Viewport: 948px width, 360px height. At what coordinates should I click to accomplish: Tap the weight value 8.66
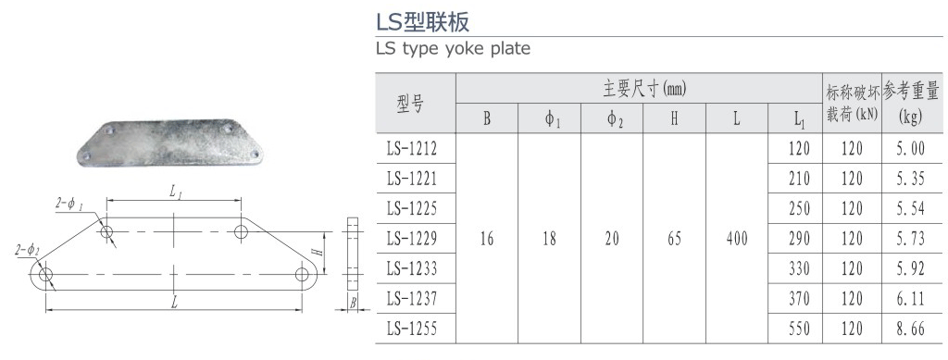point(912,328)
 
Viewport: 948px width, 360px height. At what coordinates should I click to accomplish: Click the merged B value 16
point(487,239)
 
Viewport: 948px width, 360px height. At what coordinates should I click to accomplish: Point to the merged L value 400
point(737,239)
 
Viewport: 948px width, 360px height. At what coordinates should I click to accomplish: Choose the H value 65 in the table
point(674,239)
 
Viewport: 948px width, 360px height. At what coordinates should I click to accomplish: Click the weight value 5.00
point(912,148)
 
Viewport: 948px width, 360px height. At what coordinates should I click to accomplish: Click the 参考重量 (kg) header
point(912,104)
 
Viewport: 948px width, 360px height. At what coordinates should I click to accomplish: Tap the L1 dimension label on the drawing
point(176,191)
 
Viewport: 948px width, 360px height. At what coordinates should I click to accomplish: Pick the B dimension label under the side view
point(353,303)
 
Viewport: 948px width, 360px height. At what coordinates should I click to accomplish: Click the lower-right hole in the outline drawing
point(302,274)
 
